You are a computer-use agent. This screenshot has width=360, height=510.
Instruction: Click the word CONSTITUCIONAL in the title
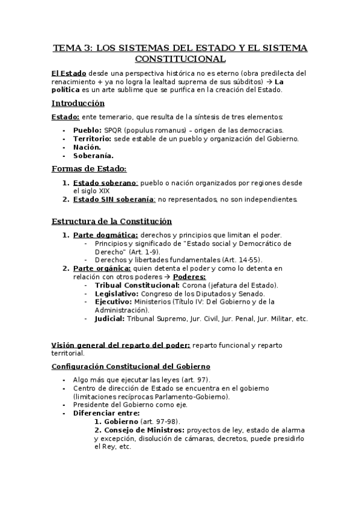tap(180, 59)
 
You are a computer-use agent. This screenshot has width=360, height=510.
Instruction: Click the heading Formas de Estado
tap(89, 168)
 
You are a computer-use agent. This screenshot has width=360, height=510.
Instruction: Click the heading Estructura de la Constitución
tap(112, 221)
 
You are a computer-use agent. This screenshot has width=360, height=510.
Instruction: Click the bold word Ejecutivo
tap(113, 302)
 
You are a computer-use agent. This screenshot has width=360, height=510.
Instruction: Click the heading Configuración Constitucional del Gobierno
tap(130, 366)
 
